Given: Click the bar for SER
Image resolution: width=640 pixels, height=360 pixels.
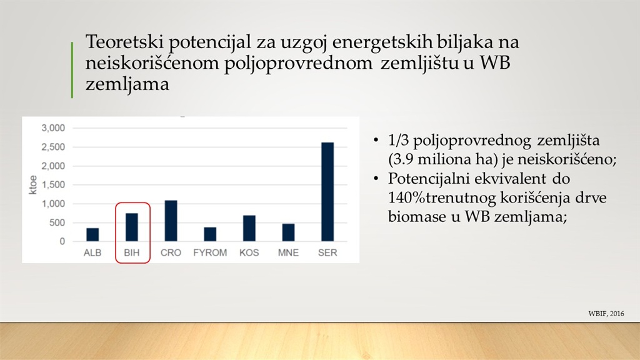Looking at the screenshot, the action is pos(327,192).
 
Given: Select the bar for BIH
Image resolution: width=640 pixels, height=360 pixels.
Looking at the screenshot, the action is pos(131,227).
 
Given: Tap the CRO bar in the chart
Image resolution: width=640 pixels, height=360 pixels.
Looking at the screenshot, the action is pos(171,221).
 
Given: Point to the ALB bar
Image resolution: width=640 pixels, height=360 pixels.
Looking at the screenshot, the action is pos(92,235).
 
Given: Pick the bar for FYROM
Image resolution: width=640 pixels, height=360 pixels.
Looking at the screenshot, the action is pos(210,234).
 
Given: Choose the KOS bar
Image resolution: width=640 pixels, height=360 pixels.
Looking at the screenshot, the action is pos(249,228).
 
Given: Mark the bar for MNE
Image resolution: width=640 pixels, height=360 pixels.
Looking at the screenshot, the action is pos(288,232).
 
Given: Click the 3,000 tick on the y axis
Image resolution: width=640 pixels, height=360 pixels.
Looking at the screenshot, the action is pos(53,128).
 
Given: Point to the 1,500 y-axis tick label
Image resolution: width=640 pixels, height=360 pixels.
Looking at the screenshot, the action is pos(53,185).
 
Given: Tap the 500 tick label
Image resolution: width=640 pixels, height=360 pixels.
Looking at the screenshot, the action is pos(57,223).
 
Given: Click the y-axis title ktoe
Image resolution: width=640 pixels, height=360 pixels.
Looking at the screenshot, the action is pos(33,185).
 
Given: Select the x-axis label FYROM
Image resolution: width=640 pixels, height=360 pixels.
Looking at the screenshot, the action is pos(210,253).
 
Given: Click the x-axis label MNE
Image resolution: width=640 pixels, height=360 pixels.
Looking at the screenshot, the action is pos(288,253).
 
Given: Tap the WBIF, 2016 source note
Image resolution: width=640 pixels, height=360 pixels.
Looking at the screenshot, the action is pos(606,314).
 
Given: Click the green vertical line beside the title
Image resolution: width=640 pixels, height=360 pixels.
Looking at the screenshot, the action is pos(72,70).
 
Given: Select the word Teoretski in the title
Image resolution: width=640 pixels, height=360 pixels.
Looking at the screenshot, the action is pos(124,42).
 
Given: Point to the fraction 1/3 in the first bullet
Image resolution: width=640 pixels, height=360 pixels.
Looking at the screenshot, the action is pos(398,141).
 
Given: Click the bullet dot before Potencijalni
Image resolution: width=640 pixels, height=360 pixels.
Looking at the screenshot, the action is pos(376,179).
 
